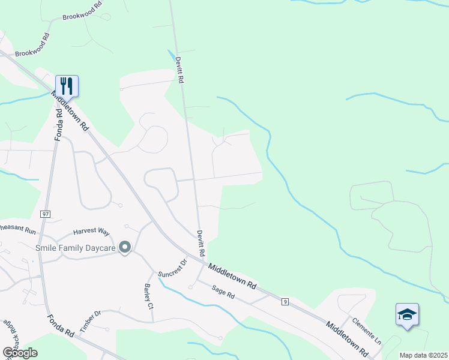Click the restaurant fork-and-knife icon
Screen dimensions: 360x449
tap(67, 86)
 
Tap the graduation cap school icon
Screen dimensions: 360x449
tap(407, 314)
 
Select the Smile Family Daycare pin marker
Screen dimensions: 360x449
tap(125, 247)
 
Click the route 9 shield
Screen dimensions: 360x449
tap(285, 301)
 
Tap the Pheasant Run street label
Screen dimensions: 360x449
tap(18, 228)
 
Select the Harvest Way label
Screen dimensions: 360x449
tap(91, 231)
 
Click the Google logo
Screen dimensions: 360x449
tap(20, 352)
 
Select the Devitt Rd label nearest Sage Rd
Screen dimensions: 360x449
tap(201, 244)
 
